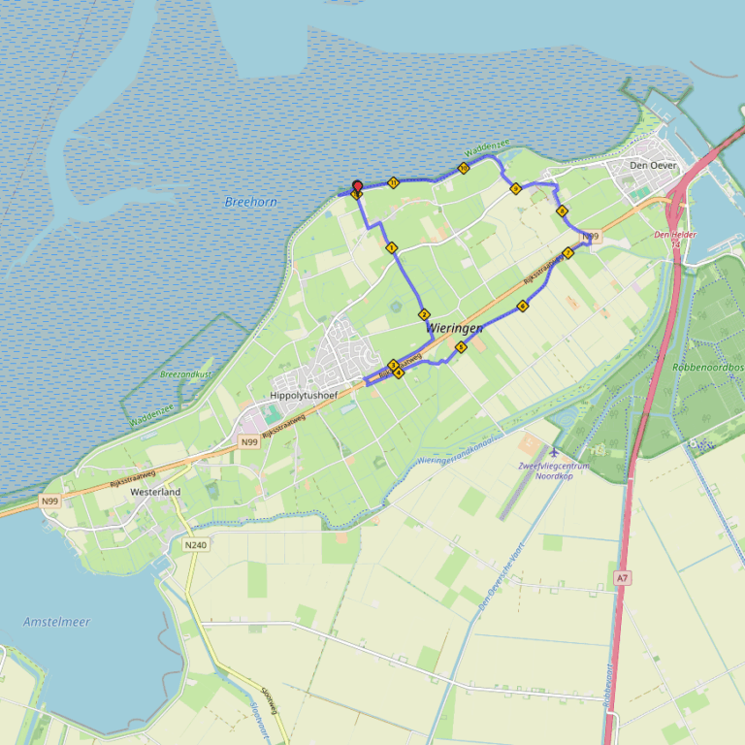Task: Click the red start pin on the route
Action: [x=357, y=187]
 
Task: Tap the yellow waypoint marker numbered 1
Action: [x=392, y=248]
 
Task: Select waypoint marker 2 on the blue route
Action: [x=424, y=314]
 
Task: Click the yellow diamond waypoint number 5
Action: [x=461, y=346]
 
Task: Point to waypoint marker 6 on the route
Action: [x=523, y=307]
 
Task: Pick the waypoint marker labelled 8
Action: [x=562, y=211]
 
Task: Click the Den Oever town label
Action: [x=652, y=166]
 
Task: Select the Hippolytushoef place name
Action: [x=302, y=396]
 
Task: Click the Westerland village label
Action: [x=155, y=492]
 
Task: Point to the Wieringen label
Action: [x=454, y=329]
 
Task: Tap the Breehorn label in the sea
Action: [x=250, y=202]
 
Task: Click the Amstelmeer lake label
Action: [x=56, y=621]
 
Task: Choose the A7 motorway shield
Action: [x=622, y=578]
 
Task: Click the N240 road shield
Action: [x=195, y=545]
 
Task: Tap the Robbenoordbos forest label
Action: [x=707, y=368]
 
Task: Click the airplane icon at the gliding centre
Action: [x=554, y=452]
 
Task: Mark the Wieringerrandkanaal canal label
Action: [x=455, y=449]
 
